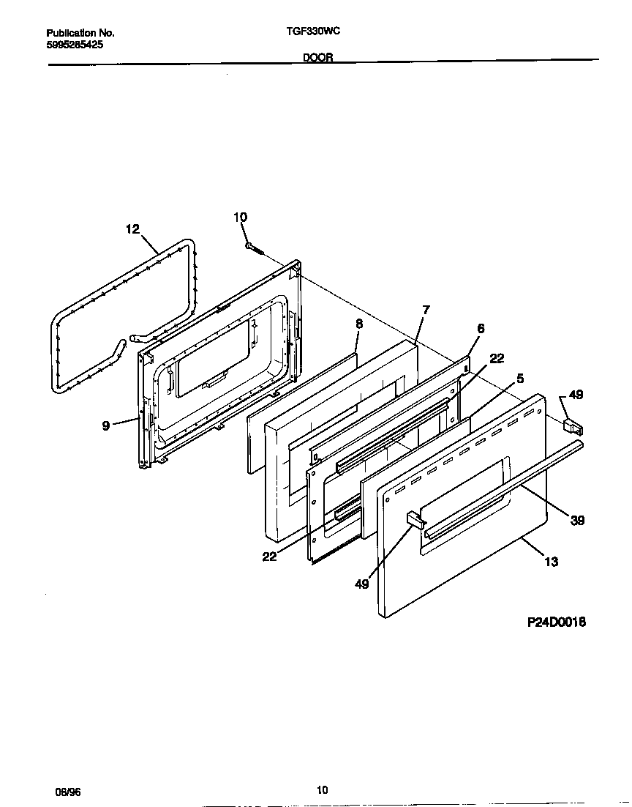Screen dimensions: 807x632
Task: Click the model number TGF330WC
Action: click(314, 31)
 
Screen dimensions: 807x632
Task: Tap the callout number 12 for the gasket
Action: click(132, 229)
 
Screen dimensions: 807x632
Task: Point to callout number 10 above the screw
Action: click(240, 217)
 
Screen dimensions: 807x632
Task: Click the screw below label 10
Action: click(255, 249)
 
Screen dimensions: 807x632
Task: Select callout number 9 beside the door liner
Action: click(106, 425)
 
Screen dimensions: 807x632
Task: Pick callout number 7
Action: click(426, 310)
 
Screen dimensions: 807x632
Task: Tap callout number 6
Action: click(481, 329)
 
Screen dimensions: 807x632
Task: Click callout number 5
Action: click(520, 379)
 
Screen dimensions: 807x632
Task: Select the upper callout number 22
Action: click(497, 358)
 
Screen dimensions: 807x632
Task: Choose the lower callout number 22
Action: click(269, 556)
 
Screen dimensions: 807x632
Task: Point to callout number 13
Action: click(552, 562)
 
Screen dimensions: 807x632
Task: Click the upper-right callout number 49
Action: click(576, 395)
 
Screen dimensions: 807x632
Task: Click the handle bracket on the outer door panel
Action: click(415, 519)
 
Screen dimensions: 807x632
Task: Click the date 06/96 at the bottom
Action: click(67, 792)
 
